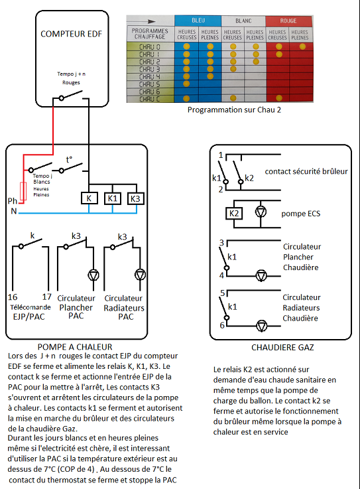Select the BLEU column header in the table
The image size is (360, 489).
pos(198,21)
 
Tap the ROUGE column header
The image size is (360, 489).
pos(289,21)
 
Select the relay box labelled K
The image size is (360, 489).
pos(89,198)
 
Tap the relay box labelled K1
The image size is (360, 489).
pos(112,198)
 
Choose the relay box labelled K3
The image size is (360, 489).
pos(136,198)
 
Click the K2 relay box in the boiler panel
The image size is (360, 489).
pos(235,213)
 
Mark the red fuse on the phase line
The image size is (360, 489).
pos(25,190)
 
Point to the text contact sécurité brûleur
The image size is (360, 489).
pos(306,171)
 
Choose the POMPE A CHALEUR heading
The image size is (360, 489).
pos(74,346)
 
